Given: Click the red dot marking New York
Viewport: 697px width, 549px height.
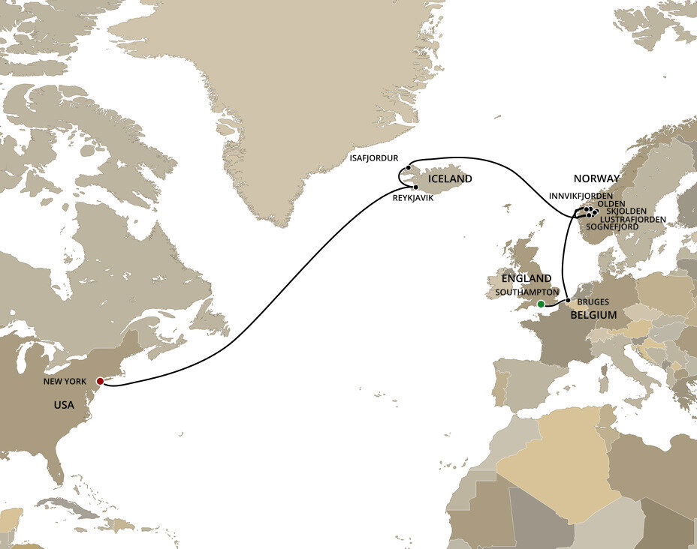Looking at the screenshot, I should (x=100, y=381).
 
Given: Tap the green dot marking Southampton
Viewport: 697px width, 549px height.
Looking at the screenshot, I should (x=540, y=304).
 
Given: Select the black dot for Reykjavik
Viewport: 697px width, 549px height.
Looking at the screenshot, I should (x=415, y=187).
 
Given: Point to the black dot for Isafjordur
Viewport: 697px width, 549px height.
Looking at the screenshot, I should (x=407, y=168).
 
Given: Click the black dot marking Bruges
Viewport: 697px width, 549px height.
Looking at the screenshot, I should (x=568, y=301).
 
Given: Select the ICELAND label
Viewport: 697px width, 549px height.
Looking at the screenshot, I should (x=450, y=179).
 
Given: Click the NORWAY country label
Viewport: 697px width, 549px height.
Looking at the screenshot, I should (x=596, y=178).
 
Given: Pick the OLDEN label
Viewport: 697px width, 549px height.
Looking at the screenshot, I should (x=611, y=203).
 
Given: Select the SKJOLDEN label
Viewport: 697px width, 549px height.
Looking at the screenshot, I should (x=626, y=211).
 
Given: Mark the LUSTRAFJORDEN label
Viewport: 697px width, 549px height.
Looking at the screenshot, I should (x=632, y=219).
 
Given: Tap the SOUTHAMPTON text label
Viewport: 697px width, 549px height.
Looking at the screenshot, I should (x=527, y=290).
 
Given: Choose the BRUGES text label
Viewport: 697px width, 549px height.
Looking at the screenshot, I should (x=595, y=301).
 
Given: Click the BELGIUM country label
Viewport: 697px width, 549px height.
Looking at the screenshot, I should (x=593, y=315).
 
